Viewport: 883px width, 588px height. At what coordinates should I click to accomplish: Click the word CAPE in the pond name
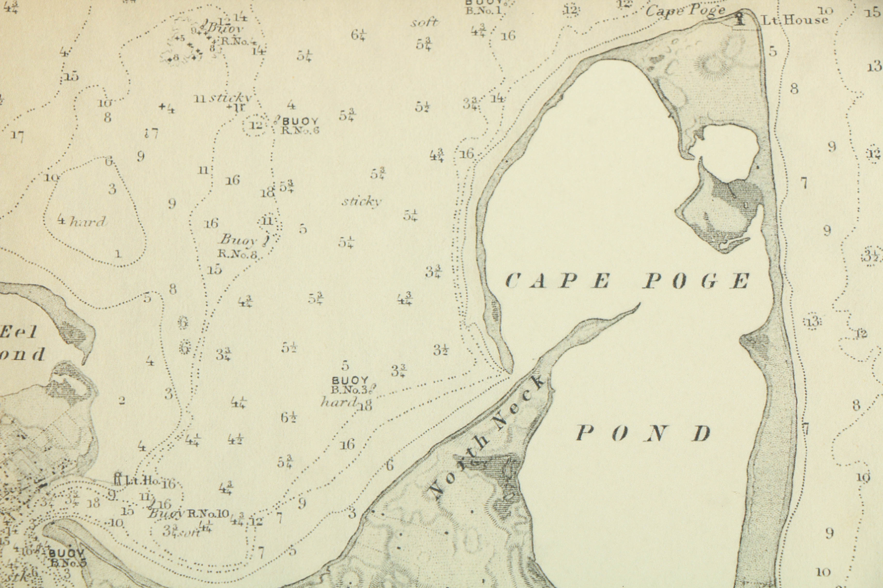point(557,281)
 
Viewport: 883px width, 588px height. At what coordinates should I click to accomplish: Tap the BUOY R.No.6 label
point(300,126)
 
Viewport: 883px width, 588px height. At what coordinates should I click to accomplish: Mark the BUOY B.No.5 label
point(68,558)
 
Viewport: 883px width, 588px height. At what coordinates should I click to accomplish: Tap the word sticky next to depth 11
point(230,98)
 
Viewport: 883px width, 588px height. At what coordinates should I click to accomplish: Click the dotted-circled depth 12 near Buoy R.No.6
point(256,125)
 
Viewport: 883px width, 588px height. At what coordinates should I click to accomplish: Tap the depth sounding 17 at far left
point(17,136)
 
